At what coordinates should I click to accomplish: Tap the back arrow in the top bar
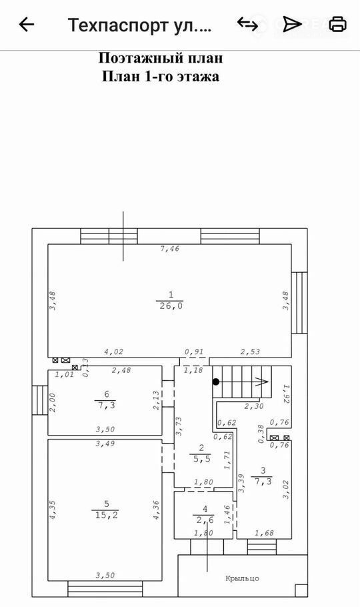[x=26, y=25]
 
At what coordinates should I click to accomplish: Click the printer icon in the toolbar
[x=337, y=24]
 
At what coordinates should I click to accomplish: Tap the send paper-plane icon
[x=292, y=24]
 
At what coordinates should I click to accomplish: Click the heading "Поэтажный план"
[x=161, y=58]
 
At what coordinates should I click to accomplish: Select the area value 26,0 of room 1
[x=171, y=306]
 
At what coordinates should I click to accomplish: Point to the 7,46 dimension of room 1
[x=170, y=249]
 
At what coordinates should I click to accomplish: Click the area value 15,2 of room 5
[x=107, y=515]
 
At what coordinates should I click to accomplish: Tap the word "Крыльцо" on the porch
[x=242, y=578]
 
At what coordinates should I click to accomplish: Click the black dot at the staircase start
[x=216, y=382]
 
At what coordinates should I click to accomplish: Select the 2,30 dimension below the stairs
[x=254, y=406]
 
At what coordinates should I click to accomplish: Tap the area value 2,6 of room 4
[x=205, y=520]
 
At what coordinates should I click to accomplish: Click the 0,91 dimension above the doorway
[x=194, y=352]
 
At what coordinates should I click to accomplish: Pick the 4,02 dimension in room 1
[x=114, y=352]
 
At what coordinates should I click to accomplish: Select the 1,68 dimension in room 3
[x=264, y=533]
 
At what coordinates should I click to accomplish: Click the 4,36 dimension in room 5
[x=156, y=510]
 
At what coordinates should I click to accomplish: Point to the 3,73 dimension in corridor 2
[x=179, y=426]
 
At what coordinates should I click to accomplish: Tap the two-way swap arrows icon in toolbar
[x=247, y=24]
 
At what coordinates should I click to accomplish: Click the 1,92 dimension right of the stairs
[x=286, y=394]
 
